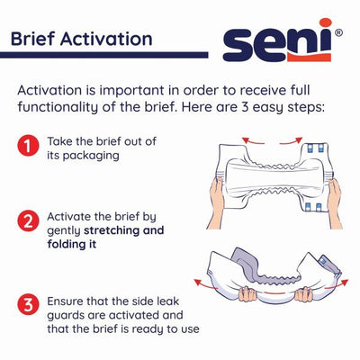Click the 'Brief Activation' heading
coord(80,39)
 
